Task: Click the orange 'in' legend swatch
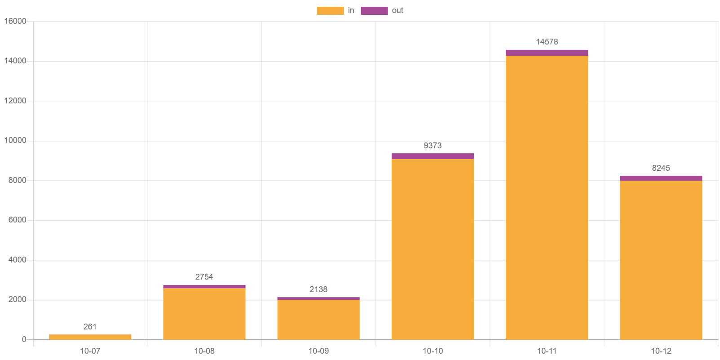pos(330,11)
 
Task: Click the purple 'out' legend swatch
pos(374,11)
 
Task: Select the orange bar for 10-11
pos(547,197)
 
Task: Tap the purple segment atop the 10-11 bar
pos(547,53)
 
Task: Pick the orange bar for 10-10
pos(432,249)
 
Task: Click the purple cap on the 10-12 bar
pos(661,178)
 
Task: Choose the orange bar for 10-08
pos(204,314)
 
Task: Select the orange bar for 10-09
pos(318,320)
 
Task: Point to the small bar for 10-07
pos(90,337)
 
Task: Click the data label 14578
pos(547,42)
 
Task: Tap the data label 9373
pos(432,146)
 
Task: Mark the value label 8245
pos(661,168)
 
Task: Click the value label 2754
pos(204,277)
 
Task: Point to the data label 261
pos(90,327)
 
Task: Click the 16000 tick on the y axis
pos(15,21)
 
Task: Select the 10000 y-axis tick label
pos(15,140)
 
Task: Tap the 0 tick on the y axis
pos(24,339)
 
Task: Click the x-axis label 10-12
pos(661,351)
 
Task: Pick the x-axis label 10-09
pos(318,351)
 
